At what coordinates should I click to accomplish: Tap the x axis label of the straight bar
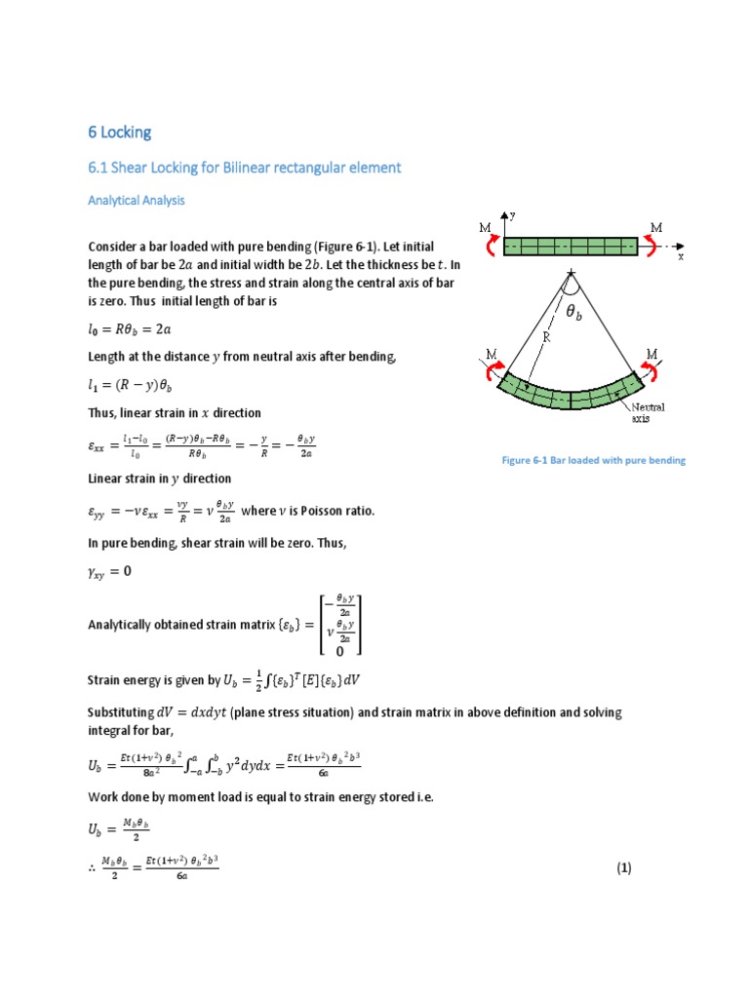tap(681, 256)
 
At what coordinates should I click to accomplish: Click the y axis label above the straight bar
tap(512, 214)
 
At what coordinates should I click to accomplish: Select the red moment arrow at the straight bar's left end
tap(493, 245)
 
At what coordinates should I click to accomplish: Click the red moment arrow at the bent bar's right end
tap(647, 371)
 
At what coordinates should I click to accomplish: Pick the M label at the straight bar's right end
tap(655, 228)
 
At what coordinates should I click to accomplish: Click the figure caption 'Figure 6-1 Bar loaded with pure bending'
tap(593, 460)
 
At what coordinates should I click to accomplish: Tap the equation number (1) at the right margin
tap(624, 868)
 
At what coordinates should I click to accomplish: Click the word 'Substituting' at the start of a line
tap(121, 712)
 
